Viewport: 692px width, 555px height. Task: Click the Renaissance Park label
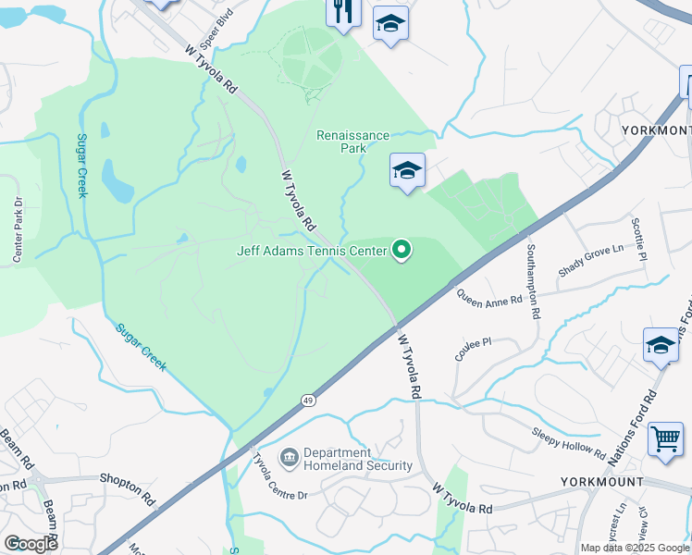coord(353,142)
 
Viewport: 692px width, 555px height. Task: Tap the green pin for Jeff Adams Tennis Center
coord(402,250)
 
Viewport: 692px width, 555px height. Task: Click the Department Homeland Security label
coord(357,458)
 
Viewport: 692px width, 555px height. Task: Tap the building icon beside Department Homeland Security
coord(289,457)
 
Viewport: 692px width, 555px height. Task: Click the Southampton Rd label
coord(532,280)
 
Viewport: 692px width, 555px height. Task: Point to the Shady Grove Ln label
coord(591,262)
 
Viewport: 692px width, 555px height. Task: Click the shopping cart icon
coord(665,438)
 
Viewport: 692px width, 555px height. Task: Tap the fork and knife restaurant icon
coord(342,11)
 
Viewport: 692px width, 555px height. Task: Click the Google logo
coord(31,544)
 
